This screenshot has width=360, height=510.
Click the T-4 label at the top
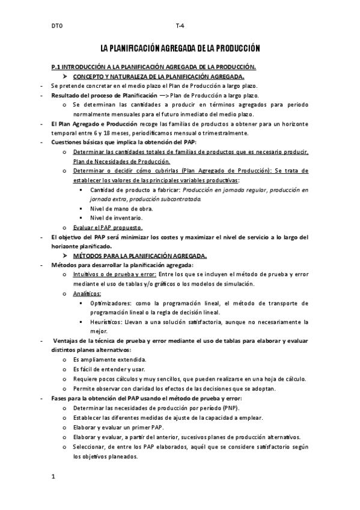coord(179,26)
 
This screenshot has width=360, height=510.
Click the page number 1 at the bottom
coord(53,478)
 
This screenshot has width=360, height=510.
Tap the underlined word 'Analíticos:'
coord(87,293)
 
